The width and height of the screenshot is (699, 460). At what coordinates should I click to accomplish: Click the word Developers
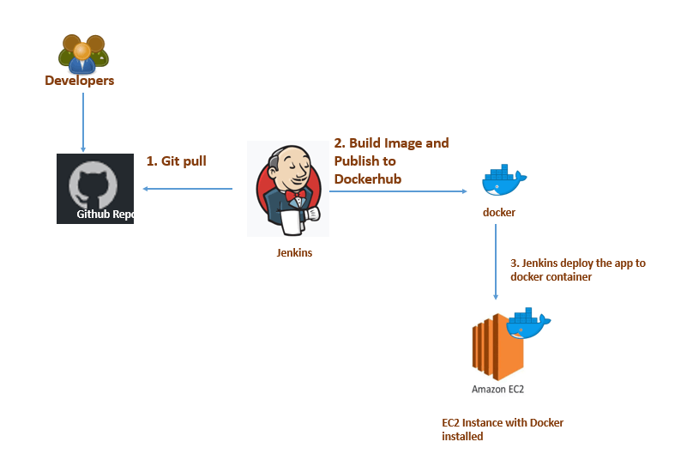(80, 81)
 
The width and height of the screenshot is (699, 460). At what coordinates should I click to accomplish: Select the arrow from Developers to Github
(82, 121)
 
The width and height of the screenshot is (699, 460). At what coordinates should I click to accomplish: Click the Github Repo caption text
(105, 215)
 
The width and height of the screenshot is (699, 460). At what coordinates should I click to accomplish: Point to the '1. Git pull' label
(177, 160)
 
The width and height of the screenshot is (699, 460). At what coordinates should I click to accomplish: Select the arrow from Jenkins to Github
(188, 189)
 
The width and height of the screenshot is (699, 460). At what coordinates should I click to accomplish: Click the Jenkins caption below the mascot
(294, 252)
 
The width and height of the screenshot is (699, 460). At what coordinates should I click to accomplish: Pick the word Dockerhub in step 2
(368, 179)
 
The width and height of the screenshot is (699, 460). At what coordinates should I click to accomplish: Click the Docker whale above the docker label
(503, 180)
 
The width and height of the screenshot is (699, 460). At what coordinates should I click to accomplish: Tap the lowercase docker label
(498, 212)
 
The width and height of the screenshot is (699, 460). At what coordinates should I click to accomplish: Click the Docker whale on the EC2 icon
(527, 324)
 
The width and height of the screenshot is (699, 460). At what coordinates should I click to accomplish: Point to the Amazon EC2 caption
(497, 389)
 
